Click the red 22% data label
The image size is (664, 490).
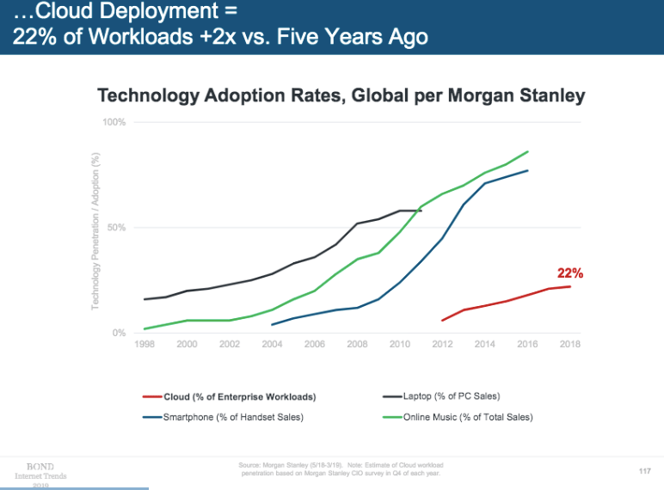click(x=570, y=273)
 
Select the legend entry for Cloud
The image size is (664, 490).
click(x=240, y=397)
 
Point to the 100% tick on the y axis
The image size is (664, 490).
click(x=114, y=122)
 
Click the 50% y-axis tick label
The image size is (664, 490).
click(x=117, y=228)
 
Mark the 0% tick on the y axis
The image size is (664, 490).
click(x=119, y=333)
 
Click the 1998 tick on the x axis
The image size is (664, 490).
click(x=144, y=344)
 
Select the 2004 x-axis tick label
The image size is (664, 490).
click(x=272, y=344)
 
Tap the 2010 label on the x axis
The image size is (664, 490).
click(x=400, y=344)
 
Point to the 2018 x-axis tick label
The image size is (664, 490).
click(x=569, y=344)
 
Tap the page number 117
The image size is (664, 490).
click(x=644, y=470)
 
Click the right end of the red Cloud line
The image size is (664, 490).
click(x=570, y=286)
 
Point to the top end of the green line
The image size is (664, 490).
click(x=527, y=151)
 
